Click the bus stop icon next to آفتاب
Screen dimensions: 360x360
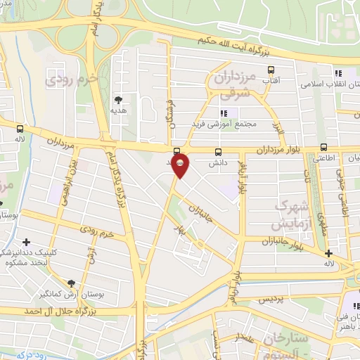271,70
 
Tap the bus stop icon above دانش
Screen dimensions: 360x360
218,151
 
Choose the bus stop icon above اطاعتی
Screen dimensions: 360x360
323,147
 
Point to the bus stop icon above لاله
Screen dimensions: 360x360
20,129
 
